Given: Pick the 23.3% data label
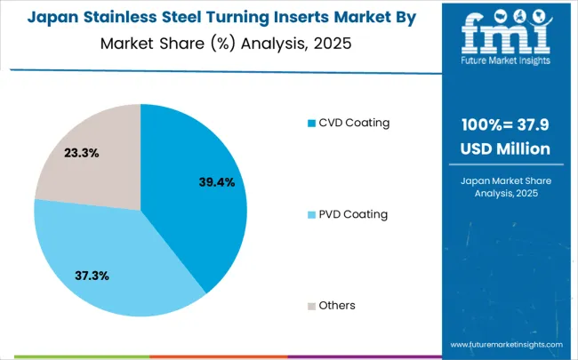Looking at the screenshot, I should (x=82, y=153).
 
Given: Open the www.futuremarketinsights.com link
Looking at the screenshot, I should (x=506, y=344).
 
